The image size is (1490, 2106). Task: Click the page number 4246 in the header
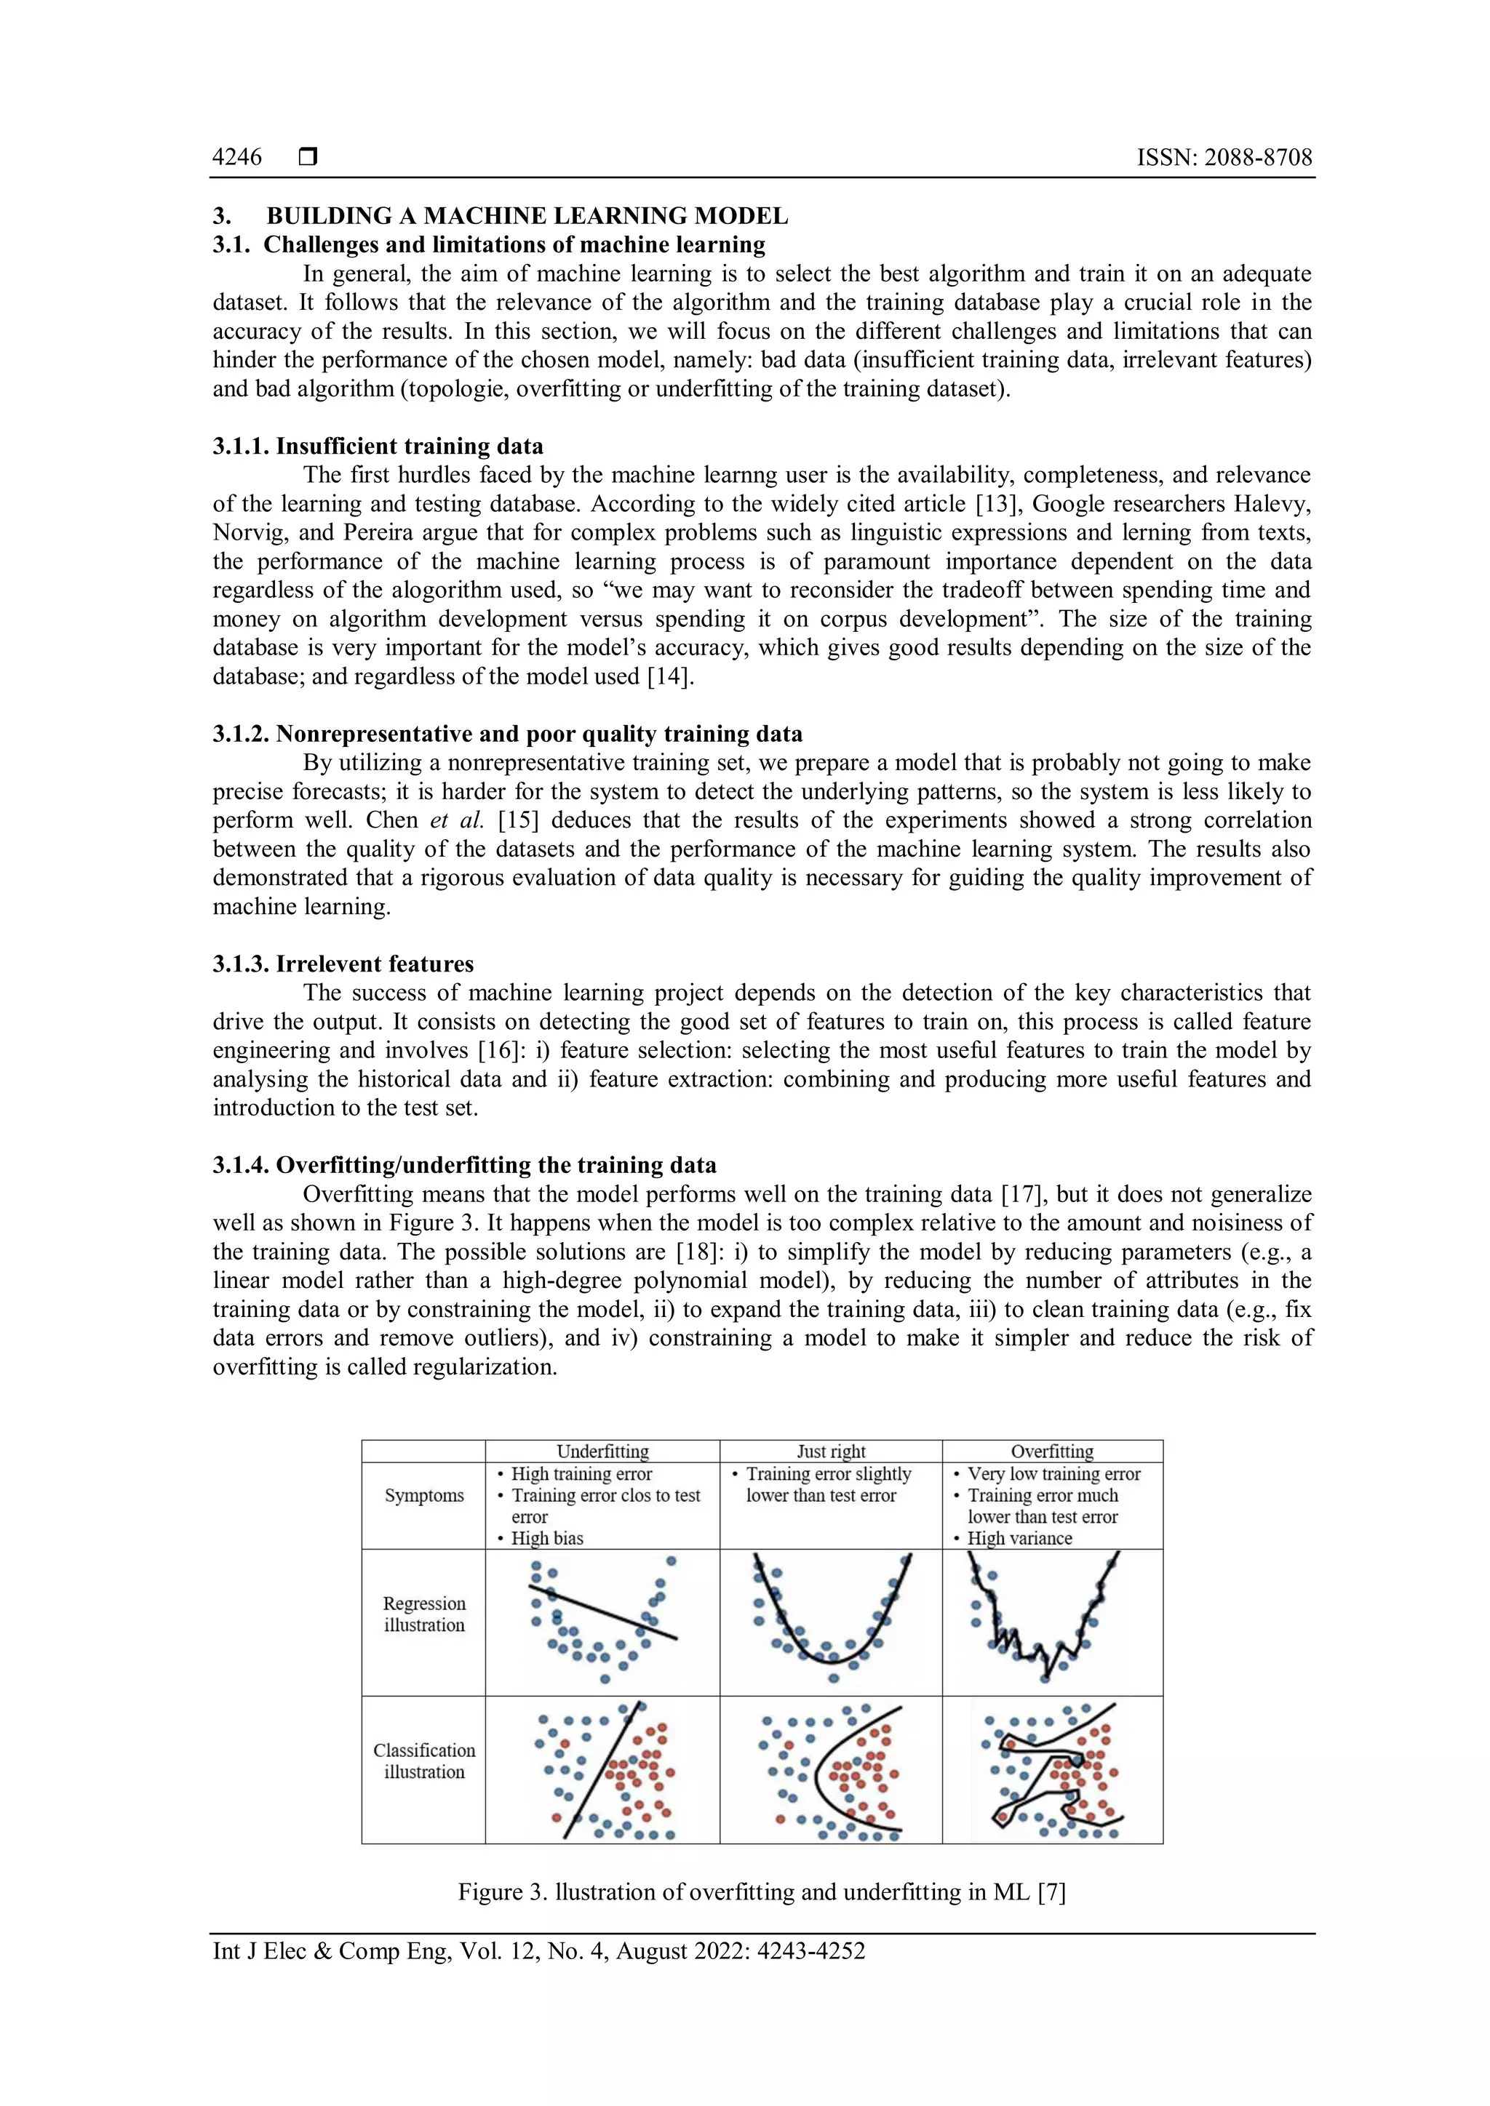[x=236, y=158]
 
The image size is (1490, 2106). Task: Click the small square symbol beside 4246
[x=308, y=158]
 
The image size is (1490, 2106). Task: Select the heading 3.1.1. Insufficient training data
[x=378, y=447]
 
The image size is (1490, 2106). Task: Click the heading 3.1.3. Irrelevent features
[x=343, y=964]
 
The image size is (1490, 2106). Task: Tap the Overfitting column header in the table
[x=1051, y=1451]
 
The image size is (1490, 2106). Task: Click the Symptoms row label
[x=424, y=1495]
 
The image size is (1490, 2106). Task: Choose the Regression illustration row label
[x=424, y=1614]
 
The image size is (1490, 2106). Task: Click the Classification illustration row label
[x=424, y=1761]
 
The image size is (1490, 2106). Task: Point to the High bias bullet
[x=547, y=1538]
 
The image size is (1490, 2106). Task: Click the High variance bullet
[x=1019, y=1538]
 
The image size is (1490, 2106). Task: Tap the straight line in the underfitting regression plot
[x=603, y=1611]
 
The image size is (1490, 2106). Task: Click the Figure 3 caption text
[x=762, y=1892]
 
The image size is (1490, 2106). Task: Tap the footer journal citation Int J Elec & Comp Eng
[x=538, y=1951]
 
